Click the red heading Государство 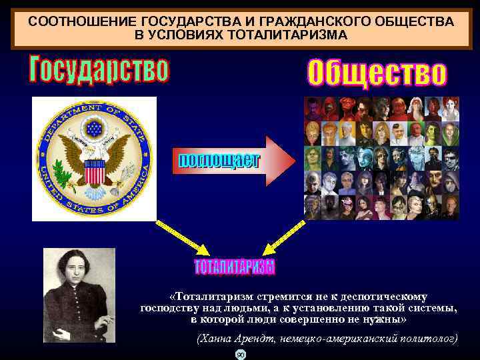[99, 69]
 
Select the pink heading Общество [377, 72]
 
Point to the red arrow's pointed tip [294, 161]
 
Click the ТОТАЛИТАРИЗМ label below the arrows [234, 267]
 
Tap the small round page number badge [241, 354]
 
